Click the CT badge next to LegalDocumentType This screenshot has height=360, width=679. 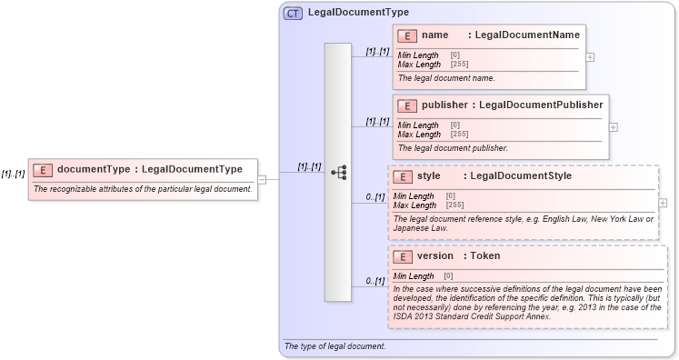[293, 13]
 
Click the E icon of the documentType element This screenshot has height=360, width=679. [42, 169]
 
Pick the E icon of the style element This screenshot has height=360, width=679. [402, 176]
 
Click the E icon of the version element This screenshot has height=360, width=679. [402, 256]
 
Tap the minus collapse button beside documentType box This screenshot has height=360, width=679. [262, 179]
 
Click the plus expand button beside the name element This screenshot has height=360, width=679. [591, 56]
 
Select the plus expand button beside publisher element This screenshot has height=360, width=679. [613, 126]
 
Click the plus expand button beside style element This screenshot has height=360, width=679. [662, 203]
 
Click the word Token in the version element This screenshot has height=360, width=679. [484, 256]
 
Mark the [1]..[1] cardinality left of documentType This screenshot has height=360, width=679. [13, 174]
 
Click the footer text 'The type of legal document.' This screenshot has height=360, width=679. [335, 346]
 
